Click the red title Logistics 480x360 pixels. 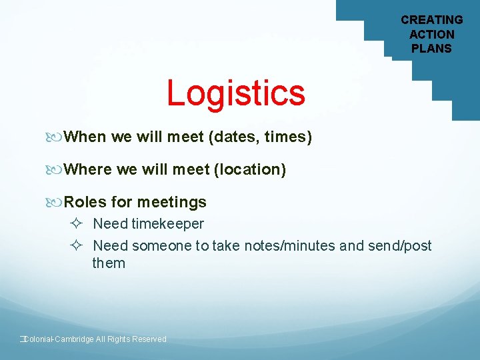click(236, 93)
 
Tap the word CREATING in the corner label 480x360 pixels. click(431, 20)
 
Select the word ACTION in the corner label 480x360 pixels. click(431, 34)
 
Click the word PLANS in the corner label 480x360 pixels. click(431, 49)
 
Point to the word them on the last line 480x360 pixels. click(109, 263)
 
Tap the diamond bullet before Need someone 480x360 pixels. click(75, 246)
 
